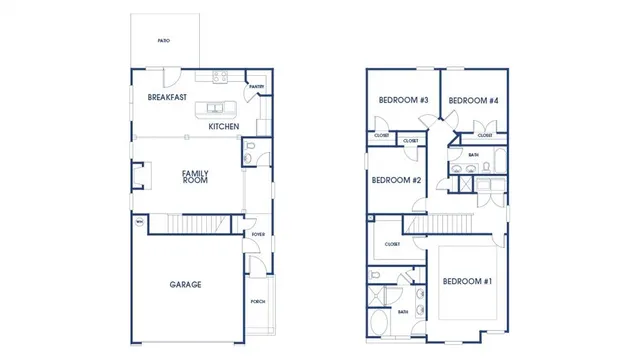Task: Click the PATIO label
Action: pos(163,41)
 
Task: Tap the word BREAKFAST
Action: pos(167,98)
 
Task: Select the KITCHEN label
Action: pos(223,127)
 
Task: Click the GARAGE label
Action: pos(185,285)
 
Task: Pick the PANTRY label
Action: pos(256,87)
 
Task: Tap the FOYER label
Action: pos(257,235)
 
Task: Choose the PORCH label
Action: pos(257,300)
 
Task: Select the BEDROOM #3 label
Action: pos(403,100)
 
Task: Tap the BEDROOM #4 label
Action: pos(473,100)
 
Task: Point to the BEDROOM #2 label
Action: pos(396,180)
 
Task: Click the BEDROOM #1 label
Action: pos(467,281)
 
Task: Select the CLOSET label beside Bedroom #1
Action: pos(391,244)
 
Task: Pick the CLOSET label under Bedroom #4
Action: pos(485,135)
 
